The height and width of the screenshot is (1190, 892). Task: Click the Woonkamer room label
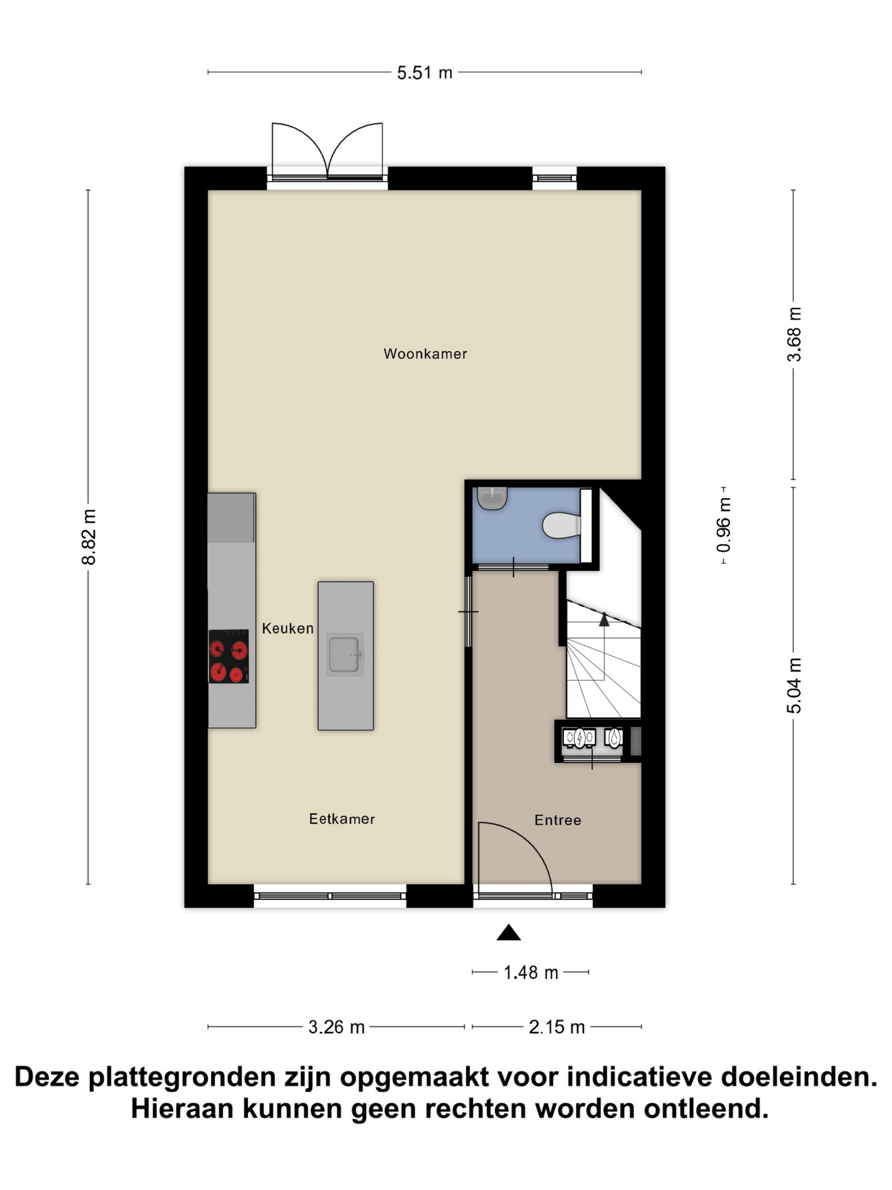(x=425, y=354)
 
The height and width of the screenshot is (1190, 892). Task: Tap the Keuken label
(x=288, y=628)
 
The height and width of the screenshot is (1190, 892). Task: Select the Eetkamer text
(x=342, y=819)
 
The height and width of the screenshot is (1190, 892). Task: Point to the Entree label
(x=558, y=820)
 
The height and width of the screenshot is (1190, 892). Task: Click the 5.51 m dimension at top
(x=425, y=73)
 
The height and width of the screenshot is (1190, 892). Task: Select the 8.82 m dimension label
(x=89, y=537)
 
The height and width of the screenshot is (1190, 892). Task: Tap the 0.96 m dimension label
(x=724, y=525)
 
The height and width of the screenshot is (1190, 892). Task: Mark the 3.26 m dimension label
(x=336, y=1027)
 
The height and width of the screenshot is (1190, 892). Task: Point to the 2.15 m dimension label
(x=556, y=1027)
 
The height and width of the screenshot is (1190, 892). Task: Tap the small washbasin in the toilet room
(x=492, y=498)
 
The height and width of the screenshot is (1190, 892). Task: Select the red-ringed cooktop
(x=229, y=656)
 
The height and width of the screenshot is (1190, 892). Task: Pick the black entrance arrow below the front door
(x=508, y=932)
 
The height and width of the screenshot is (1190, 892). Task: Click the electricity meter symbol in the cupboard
(x=579, y=738)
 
